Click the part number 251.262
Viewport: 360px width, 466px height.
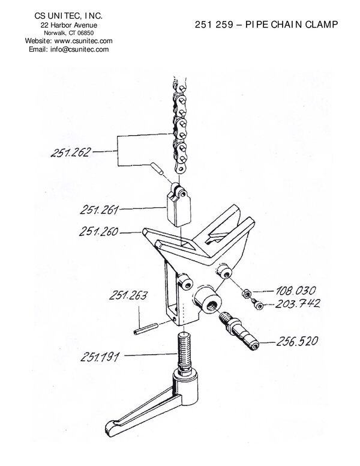point(70,152)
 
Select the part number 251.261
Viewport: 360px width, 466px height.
point(99,210)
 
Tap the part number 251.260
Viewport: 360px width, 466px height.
point(98,231)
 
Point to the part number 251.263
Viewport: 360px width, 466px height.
point(128,295)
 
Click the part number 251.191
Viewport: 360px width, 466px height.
point(100,357)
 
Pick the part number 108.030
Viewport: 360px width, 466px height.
point(296,291)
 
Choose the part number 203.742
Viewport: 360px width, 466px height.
point(298,303)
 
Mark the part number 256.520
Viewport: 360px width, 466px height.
point(297,341)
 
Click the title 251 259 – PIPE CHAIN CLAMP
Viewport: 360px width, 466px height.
point(266,25)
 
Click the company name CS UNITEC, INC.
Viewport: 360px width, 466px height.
point(68,16)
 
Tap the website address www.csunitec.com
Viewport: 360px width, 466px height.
point(83,41)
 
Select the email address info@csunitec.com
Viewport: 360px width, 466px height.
point(79,49)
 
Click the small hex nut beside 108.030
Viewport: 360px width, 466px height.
point(246,293)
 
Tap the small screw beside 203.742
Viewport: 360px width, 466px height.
point(257,304)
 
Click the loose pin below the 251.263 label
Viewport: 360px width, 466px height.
point(146,329)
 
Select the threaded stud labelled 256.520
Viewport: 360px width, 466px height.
point(239,331)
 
